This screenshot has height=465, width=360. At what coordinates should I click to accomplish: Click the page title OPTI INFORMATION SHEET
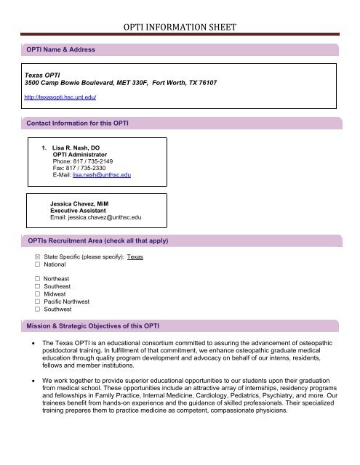[180, 30]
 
